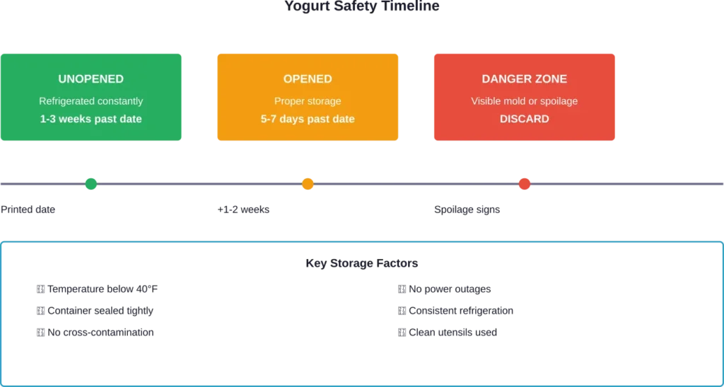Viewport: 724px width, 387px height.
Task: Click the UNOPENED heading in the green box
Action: (x=90, y=79)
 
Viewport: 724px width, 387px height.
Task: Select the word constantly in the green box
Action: (x=119, y=101)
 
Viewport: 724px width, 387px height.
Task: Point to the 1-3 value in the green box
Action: (x=49, y=119)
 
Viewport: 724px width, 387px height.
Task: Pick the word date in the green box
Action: (x=130, y=119)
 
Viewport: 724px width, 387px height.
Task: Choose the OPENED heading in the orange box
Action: (x=308, y=79)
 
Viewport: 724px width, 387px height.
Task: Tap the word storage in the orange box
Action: (x=324, y=101)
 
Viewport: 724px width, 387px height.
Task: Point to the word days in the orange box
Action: (x=293, y=119)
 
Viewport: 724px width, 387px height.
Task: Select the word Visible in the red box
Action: (x=487, y=101)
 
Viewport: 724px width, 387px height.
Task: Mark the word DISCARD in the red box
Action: (x=524, y=119)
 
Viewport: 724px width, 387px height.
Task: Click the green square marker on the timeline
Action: (x=92, y=184)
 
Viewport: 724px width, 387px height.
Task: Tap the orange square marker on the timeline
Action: (x=308, y=184)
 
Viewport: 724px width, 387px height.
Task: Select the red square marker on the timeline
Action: (x=524, y=184)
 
